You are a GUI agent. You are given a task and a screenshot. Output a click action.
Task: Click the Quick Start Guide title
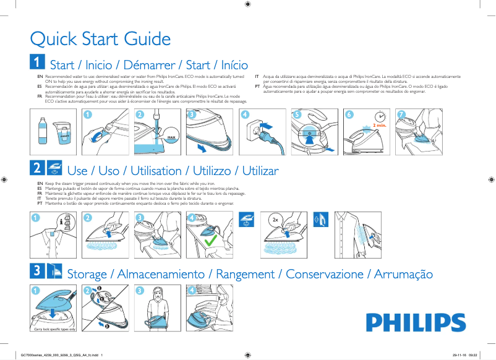pos(101,39)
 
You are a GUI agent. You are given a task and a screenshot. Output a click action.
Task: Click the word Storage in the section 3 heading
pos(87,274)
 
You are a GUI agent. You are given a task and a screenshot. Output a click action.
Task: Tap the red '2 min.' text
pos(379,126)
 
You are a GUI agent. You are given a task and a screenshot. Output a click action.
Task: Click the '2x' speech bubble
pos(275,220)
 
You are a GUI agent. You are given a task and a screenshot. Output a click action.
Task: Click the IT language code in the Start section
pos(257,75)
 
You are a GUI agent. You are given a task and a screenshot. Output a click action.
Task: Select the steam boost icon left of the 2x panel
pos(246,219)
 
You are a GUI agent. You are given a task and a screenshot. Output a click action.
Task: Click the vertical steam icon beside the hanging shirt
pos(319,219)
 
